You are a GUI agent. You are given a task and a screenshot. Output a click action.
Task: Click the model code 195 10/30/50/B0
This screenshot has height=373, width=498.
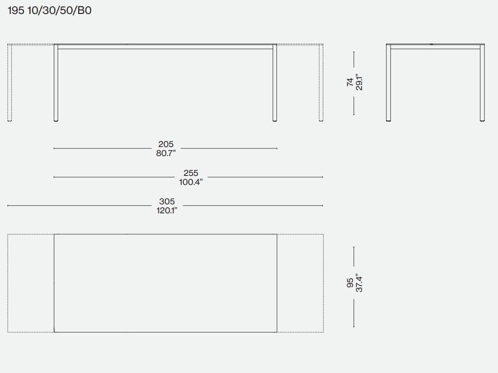[x=50, y=10]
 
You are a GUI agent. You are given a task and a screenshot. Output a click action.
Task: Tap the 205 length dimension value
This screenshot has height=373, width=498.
[x=166, y=144]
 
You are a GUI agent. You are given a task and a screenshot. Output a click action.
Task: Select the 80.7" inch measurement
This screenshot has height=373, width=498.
[x=166, y=153]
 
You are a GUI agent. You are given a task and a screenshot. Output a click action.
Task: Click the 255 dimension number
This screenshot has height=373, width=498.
[x=191, y=173]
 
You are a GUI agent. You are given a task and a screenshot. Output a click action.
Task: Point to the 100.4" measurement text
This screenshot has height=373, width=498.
[x=191, y=182]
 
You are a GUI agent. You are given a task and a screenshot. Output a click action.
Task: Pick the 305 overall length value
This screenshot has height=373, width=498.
[x=167, y=202]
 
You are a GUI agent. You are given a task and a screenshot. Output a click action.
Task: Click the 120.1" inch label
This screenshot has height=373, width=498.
[x=167, y=210]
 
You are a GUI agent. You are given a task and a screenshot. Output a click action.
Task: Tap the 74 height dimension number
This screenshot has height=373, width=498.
[x=350, y=82]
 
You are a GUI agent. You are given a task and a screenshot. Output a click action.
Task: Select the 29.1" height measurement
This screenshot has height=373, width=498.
[x=359, y=82]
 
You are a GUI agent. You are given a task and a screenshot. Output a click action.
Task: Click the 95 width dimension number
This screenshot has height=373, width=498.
[x=350, y=283]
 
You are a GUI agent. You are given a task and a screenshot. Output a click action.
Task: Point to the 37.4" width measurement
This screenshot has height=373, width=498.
[x=359, y=283]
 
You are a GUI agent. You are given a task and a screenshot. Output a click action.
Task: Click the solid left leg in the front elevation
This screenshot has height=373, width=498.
[x=56, y=83]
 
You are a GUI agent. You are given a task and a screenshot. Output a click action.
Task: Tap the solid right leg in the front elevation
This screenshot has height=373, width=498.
[x=275, y=83]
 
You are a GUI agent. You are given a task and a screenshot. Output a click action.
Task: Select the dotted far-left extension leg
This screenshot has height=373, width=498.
[x=9, y=83]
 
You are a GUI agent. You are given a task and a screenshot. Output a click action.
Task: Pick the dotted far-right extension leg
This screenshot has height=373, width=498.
[x=321, y=83]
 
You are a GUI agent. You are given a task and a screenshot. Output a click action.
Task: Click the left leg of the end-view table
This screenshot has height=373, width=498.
[x=388, y=83]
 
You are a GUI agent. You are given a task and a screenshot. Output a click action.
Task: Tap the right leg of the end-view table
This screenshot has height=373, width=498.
[x=482, y=83]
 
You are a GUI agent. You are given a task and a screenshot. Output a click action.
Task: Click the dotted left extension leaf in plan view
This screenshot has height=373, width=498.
[x=31, y=283]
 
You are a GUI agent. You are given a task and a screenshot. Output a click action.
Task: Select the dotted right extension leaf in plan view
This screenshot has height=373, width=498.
[x=300, y=283]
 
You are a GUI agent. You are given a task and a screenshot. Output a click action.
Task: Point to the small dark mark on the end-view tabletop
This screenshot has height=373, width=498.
[x=431, y=44]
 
